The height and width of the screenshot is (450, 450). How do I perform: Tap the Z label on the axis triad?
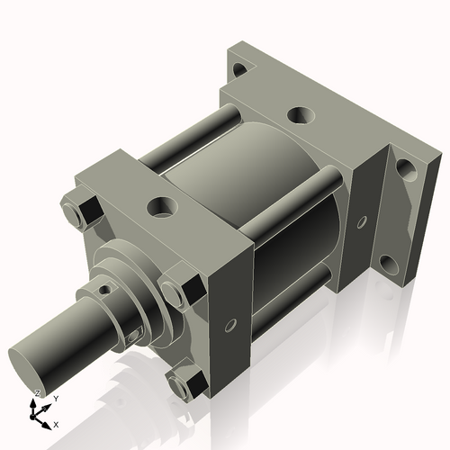tap(36, 393)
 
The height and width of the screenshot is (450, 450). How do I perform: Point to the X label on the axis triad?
tap(56, 423)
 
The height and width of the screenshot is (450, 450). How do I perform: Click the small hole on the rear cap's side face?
tap(361, 221)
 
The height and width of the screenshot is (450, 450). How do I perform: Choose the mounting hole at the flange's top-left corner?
tap(238, 70)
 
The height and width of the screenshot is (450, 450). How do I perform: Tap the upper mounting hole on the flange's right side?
tap(404, 169)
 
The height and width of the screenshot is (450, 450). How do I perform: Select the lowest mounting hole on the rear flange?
tap(387, 264)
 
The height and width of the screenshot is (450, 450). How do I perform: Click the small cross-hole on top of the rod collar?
tap(107, 290)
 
